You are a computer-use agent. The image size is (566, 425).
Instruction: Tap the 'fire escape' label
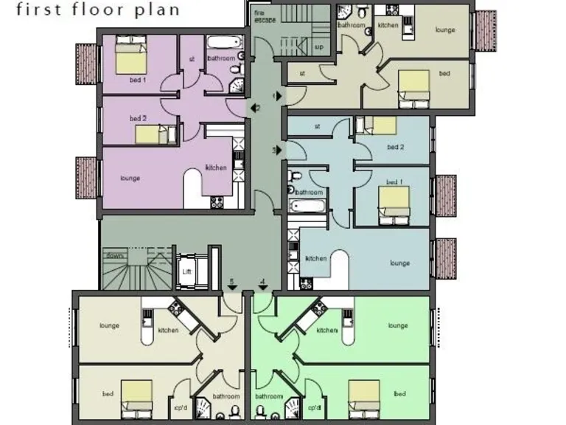click(x=265, y=16)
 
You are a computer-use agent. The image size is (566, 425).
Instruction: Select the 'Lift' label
click(x=186, y=271)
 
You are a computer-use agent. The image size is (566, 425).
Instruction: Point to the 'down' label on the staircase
click(x=114, y=255)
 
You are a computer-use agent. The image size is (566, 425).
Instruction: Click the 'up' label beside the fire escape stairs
click(x=318, y=46)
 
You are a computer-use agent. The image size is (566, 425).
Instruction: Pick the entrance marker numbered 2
click(x=256, y=108)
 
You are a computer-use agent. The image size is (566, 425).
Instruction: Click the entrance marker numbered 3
click(x=277, y=150)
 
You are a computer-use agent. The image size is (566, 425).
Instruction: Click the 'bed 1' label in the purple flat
click(x=138, y=79)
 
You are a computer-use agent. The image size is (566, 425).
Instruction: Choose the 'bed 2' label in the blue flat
click(x=396, y=147)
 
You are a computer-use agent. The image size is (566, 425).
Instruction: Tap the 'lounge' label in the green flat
click(x=398, y=325)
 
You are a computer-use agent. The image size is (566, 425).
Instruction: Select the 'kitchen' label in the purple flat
click(x=216, y=167)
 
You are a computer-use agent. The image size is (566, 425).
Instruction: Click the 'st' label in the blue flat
click(x=318, y=126)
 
